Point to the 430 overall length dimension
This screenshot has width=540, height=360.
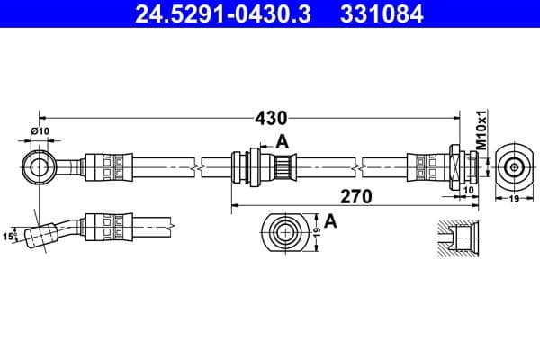tap(270, 118)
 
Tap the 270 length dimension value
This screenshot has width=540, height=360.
tap(356, 195)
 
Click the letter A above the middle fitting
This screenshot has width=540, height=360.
tap(282, 140)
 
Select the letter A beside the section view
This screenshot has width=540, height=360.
tap(330, 221)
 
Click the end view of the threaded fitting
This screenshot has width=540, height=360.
tap(514, 166)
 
